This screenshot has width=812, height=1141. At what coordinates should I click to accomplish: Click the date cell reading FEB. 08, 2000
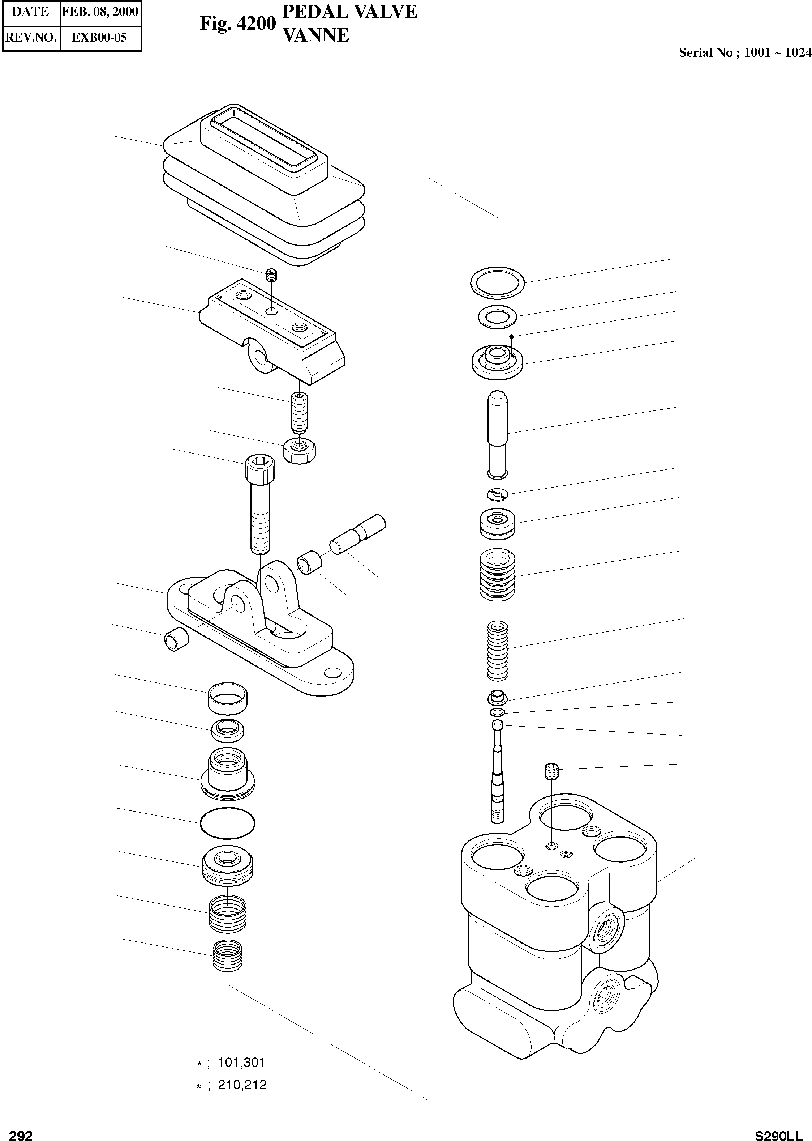coord(100,12)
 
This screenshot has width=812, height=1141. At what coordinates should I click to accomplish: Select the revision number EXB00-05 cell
coord(100,38)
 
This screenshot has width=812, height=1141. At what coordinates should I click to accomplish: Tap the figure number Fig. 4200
coord(237,24)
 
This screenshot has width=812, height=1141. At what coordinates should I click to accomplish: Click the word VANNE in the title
coord(316,35)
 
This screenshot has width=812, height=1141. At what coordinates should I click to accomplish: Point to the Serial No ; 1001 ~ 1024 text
coord(744,53)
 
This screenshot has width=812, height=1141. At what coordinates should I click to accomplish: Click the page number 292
coord(21,1132)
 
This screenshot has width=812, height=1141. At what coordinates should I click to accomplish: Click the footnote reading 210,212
coord(242,1085)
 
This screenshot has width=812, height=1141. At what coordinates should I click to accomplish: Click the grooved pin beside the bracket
coord(357,534)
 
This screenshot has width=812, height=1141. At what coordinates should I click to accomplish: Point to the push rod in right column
coord(498,433)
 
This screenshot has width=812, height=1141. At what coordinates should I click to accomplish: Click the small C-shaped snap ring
coord(498,494)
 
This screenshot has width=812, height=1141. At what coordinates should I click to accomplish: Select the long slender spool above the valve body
coord(498,771)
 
